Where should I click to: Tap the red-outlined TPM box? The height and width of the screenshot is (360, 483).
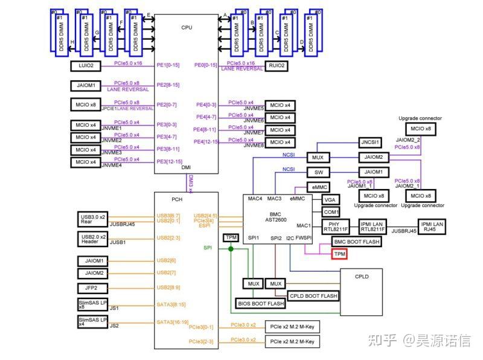339,255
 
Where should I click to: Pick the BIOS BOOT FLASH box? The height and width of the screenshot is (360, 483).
260,303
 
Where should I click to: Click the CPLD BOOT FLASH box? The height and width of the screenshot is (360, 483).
313,296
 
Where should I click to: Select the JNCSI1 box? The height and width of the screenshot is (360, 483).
371,143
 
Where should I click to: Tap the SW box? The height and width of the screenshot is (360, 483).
318,172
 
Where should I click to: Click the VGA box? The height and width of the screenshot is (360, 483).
330,199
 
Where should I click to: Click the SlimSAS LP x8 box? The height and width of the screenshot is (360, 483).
92,304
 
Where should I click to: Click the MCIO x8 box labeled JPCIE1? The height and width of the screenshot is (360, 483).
85,105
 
